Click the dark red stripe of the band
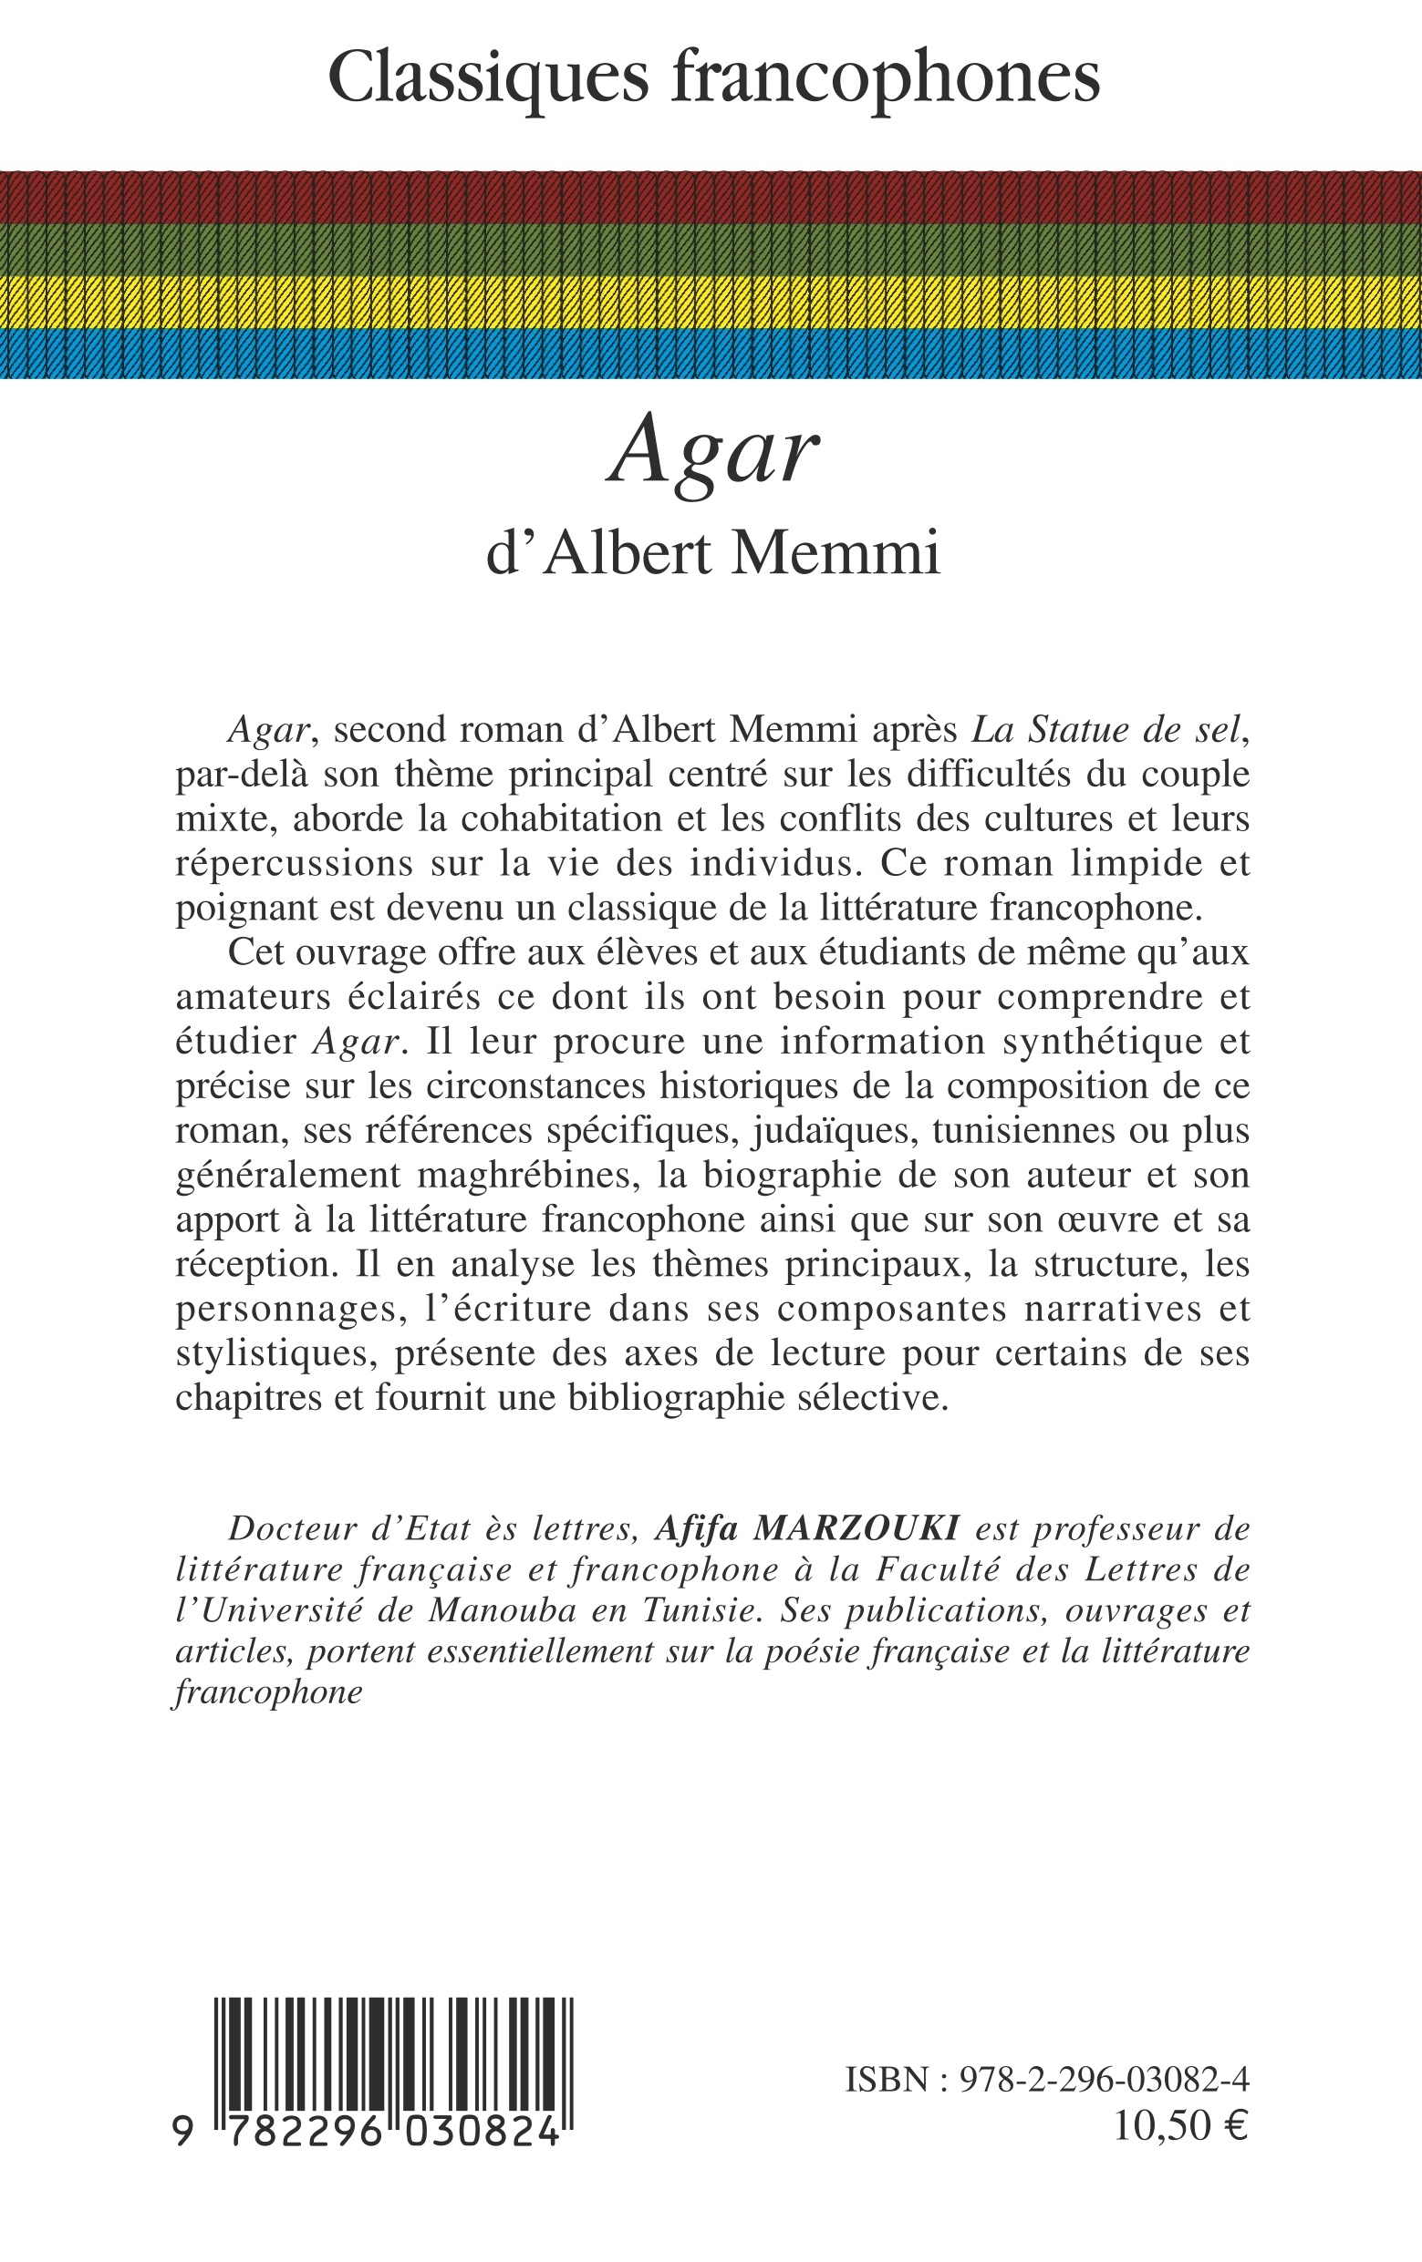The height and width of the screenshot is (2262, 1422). (x=711, y=197)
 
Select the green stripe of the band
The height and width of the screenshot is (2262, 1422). (x=711, y=249)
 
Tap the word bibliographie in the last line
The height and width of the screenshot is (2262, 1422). (x=677, y=1398)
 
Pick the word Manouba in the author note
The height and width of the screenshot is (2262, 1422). (x=503, y=1610)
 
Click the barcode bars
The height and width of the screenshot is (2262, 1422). (x=394, y=2052)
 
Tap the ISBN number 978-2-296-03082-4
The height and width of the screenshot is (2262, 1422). (x=1104, y=2081)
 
